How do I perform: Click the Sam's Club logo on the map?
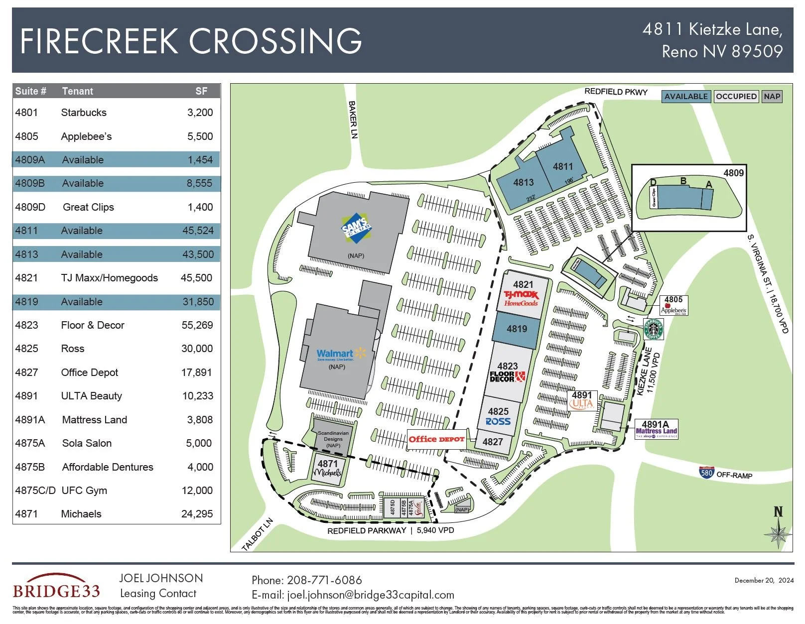coord(356,230)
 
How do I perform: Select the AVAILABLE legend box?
coord(685,97)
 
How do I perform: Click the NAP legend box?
coord(772,97)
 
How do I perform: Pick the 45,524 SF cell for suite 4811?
coord(198,231)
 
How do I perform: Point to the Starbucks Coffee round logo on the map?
coord(653,329)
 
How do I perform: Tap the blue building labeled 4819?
coord(517,329)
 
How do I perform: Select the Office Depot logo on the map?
coord(436,439)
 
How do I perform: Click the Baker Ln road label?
coord(353,120)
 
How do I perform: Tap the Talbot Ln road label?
coord(258,535)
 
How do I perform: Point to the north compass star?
coord(778,533)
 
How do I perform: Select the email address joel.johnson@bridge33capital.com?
coord(370,595)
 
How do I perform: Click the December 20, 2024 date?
coord(764,580)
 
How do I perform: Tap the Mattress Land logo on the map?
coord(656,432)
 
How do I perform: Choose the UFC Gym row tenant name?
coord(84,491)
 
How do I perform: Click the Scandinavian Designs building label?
coord(333,439)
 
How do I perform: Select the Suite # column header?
coord(31,91)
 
